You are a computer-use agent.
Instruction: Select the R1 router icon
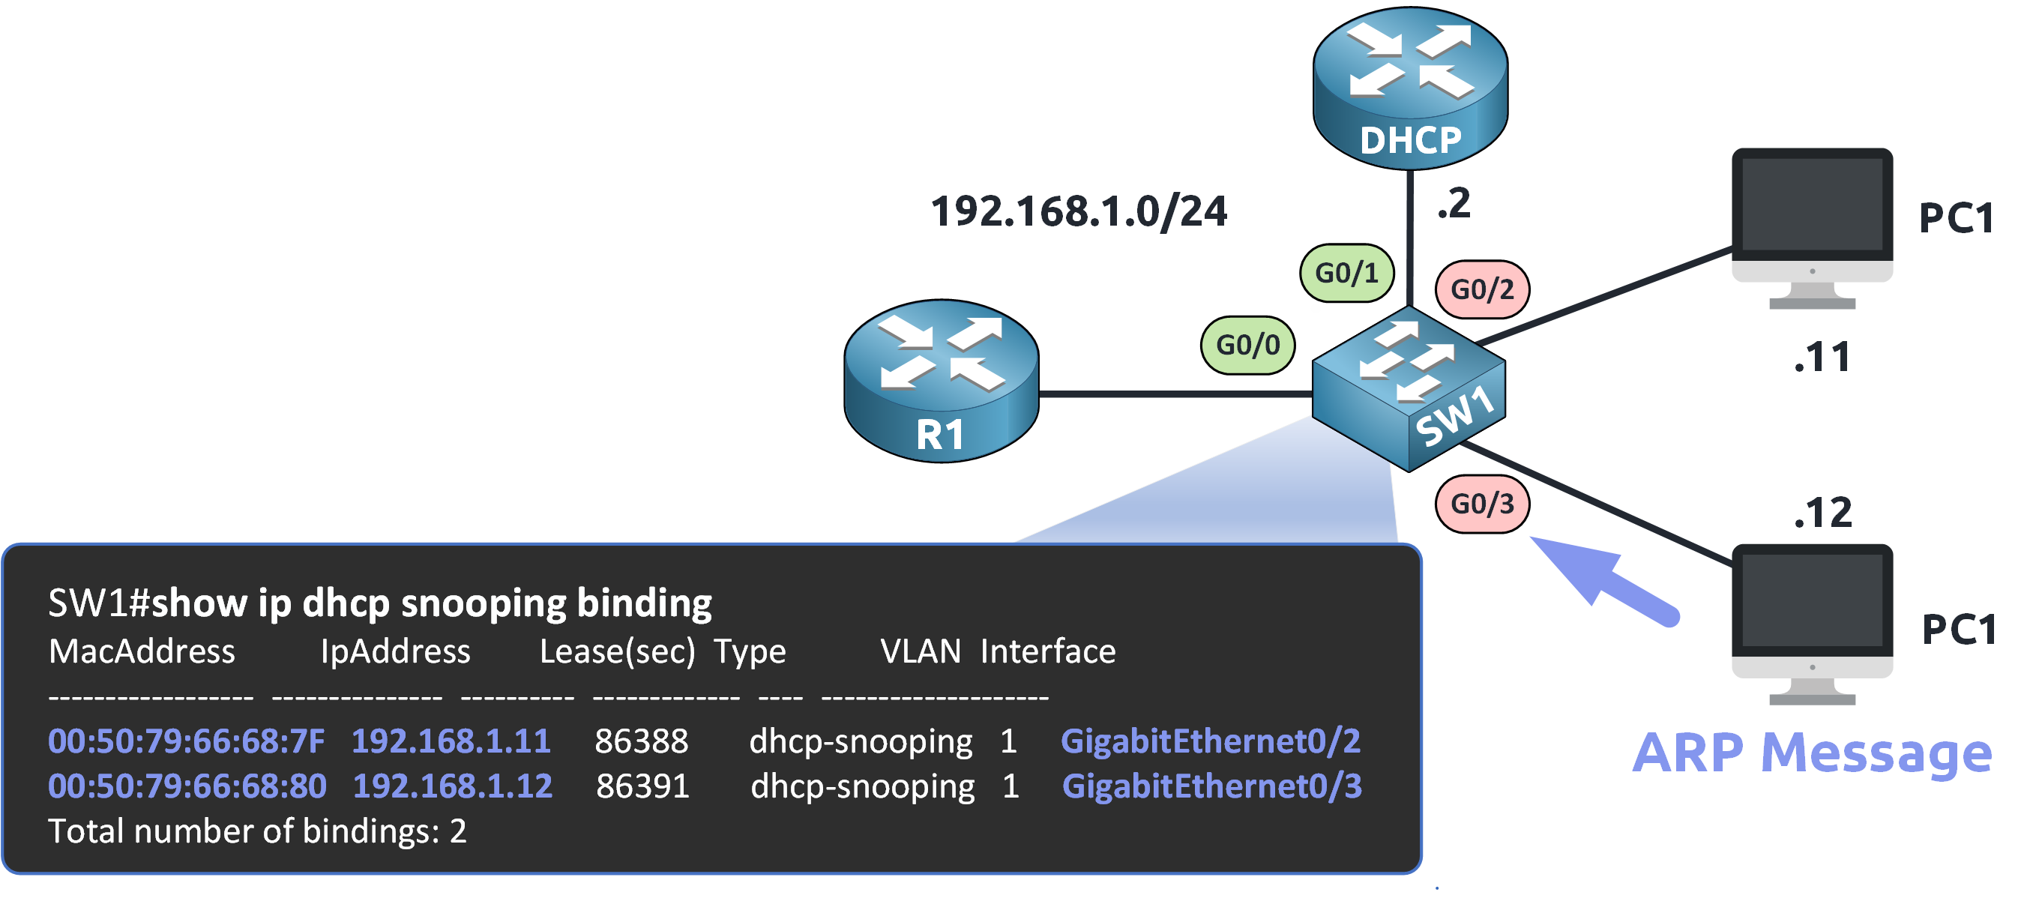(x=941, y=380)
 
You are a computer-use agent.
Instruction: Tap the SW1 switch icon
(x=1409, y=388)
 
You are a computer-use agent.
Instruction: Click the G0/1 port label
(x=1347, y=273)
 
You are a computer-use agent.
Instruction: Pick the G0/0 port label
(x=1247, y=345)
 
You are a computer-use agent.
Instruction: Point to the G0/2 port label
(x=1482, y=289)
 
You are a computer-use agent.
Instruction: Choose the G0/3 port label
(x=1482, y=504)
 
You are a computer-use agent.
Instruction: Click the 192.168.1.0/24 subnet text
(x=1078, y=212)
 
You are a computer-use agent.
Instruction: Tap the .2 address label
(x=1454, y=203)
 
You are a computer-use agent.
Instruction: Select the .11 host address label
(x=1822, y=358)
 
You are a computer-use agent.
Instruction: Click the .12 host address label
(x=1823, y=513)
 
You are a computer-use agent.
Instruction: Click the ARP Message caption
(x=1811, y=753)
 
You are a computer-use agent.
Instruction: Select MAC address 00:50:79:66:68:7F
(x=186, y=741)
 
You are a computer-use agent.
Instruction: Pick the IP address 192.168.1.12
(x=453, y=786)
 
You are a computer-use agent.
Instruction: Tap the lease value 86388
(x=641, y=741)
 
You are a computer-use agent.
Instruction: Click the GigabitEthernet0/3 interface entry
(x=1211, y=786)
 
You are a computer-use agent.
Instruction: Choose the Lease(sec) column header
(x=618, y=651)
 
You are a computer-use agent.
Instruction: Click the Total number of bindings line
(x=258, y=831)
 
